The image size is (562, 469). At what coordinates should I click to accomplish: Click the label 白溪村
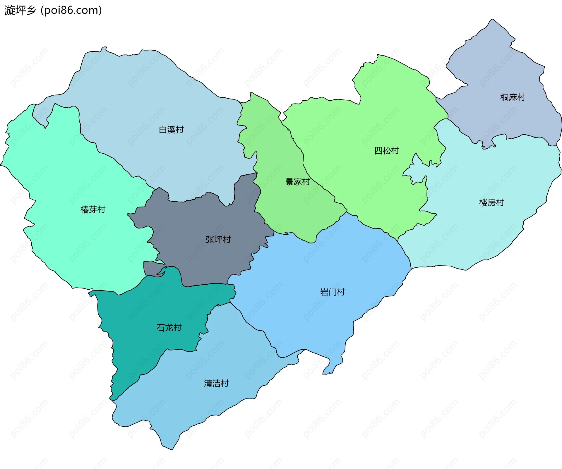171,130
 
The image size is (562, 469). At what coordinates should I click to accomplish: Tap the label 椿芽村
93,209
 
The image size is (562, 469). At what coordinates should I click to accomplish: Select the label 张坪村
218,239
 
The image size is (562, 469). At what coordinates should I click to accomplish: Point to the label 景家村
297,182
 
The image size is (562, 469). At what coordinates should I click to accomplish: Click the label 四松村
387,151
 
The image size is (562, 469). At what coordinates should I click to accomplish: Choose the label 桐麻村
513,97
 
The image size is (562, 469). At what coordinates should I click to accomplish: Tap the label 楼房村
491,202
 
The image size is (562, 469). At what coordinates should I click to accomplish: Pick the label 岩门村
333,292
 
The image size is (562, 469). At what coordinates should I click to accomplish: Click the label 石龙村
169,327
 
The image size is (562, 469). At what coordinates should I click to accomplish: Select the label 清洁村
216,383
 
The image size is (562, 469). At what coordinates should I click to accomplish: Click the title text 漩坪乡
20,10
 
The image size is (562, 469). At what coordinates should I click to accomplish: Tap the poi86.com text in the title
71,10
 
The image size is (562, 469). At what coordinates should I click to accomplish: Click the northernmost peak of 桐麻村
493,20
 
